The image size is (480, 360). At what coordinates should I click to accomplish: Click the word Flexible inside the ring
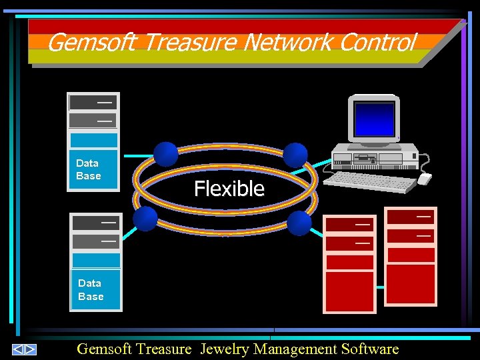pos(229,189)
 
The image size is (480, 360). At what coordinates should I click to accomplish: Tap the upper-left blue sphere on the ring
pos(166,154)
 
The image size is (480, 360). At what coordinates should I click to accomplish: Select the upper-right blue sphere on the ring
pos(295,155)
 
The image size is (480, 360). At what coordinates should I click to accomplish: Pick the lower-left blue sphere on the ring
pos(145,218)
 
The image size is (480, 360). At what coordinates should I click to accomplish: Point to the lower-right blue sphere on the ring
pos(299,223)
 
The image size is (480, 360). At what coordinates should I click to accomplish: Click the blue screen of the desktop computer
pos(375,119)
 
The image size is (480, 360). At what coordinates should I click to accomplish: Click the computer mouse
pos(425,178)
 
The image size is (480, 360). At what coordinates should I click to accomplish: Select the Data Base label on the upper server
pos(88,169)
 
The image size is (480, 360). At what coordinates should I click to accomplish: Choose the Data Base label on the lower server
pos(91,290)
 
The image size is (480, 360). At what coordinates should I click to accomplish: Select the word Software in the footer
pos(369,349)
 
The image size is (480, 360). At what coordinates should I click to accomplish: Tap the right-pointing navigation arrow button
pos(30,349)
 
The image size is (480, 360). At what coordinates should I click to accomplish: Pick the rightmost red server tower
pos(411,256)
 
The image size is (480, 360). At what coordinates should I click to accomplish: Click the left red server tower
pos(349,264)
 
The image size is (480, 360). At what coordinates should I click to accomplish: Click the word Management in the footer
pos(295,349)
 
